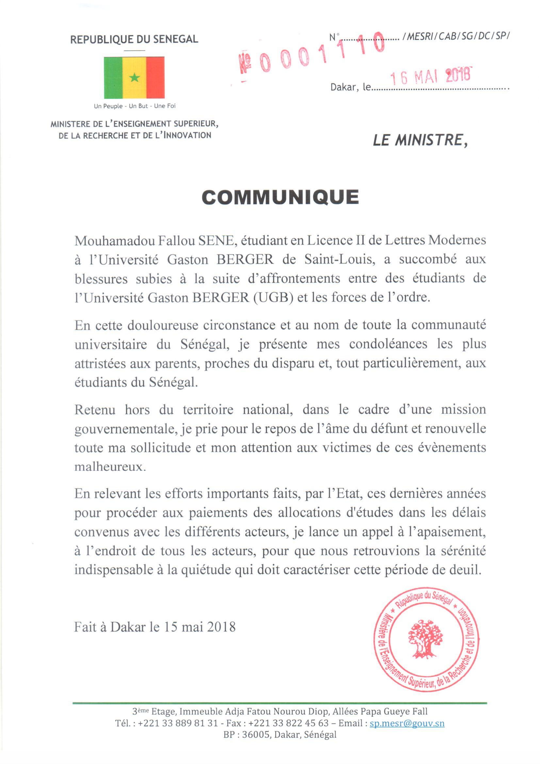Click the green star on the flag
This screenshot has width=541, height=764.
coord(134,78)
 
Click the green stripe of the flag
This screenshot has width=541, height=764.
coord(113,78)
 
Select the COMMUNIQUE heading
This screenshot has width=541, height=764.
coord(280,197)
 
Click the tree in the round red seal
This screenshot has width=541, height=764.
coord(425,640)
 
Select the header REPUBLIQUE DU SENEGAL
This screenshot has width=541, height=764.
coord(134,39)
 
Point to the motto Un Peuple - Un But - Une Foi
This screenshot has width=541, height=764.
coord(135,106)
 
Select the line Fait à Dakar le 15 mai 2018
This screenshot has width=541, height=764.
coord(155,627)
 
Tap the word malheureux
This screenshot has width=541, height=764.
coord(110,466)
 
